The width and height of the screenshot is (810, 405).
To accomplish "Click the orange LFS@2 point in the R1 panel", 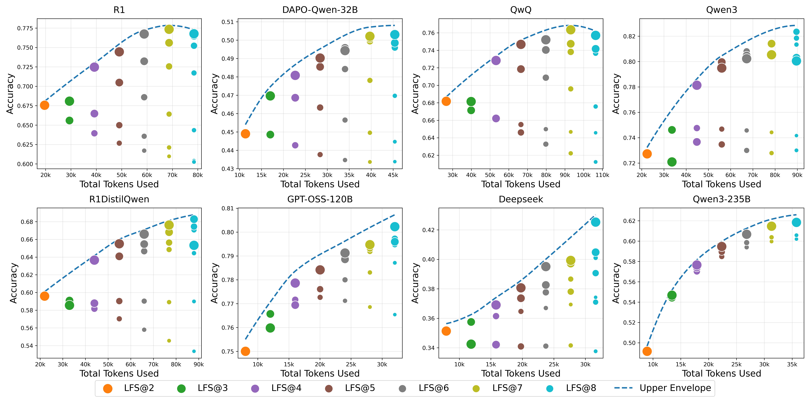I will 45,105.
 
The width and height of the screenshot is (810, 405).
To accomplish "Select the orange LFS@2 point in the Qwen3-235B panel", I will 647,351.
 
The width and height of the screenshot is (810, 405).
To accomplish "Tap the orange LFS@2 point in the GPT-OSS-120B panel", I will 245,351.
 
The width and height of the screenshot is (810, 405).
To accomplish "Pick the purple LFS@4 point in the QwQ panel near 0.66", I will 496,118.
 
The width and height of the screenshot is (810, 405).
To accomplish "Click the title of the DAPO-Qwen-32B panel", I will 320,10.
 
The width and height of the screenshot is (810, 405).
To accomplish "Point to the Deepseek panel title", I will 521,199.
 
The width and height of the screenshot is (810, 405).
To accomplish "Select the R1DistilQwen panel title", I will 119,199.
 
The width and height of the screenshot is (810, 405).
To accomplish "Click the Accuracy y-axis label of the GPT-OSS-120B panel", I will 214,283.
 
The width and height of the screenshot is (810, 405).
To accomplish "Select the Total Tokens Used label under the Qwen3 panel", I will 721,184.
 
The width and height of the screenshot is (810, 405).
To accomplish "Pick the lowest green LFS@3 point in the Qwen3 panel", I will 672,162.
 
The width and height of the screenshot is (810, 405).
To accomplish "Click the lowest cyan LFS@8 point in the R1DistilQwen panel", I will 194,351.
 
